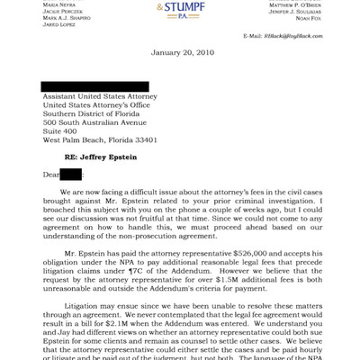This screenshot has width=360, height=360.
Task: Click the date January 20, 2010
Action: [x=180, y=53]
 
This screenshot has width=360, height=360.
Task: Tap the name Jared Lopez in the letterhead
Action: [x=59, y=25]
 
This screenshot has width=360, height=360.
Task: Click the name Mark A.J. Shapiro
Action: [x=67, y=17]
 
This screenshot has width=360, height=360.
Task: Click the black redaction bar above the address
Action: [x=95, y=87]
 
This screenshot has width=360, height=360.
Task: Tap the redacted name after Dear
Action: [x=71, y=174]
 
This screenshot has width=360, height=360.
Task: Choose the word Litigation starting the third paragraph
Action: [x=79, y=306]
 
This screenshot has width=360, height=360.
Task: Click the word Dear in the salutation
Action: [x=50, y=174]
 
